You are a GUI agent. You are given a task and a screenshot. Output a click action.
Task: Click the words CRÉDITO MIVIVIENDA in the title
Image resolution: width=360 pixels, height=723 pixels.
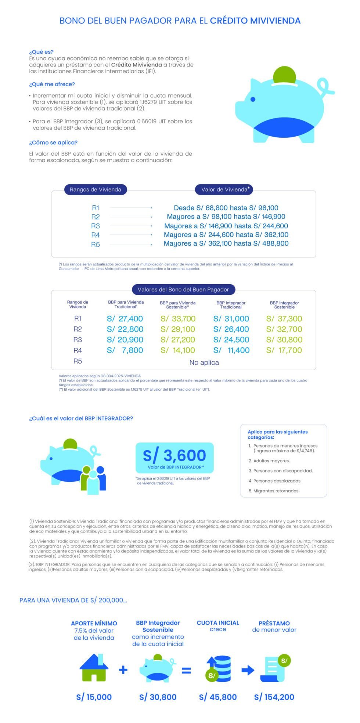pyautogui.click(x=255, y=21)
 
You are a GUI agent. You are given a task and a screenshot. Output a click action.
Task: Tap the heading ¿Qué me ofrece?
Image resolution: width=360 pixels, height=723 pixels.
pyautogui.click(x=52, y=84)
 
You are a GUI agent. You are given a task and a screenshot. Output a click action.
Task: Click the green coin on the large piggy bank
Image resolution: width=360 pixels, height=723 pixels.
pyautogui.click(x=285, y=75)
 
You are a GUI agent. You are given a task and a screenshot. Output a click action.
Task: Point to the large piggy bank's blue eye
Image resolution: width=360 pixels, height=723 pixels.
pyautogui.click(x=253, y=99)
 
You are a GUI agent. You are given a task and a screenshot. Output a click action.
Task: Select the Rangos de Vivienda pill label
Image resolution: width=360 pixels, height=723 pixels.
pyautogui.click(x=95, y=189)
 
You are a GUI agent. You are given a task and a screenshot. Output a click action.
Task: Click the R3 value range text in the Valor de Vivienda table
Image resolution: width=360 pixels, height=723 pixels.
pyautogui.click(x=226, y=226)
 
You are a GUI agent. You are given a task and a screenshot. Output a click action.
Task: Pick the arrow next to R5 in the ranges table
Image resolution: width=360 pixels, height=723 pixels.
pyautogui.click(x=131, y=245)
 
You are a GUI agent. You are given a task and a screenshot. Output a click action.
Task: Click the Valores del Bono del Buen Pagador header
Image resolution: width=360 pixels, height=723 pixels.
pyautogui.click(x=183, y=289)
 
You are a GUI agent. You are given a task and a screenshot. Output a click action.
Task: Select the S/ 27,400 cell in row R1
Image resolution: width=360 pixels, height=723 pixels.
pyautogui.click(x=125, y=319)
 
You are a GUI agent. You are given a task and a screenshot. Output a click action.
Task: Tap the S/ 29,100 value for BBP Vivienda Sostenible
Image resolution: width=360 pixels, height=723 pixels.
pyautogui.click(x=178, y=329)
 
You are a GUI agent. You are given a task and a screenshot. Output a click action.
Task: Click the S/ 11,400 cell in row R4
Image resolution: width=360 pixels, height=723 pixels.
pyautogui.click(x=231, y=350)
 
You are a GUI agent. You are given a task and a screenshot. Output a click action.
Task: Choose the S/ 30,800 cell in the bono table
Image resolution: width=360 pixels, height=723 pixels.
pyautogui.click(x=284, y=340)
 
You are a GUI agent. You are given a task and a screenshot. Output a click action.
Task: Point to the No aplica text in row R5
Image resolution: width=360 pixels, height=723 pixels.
pyautogui.click(x=204, y=362)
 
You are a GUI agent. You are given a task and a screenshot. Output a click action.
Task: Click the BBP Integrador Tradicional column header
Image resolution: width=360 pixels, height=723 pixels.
pyautogui.click(x=231, y=305)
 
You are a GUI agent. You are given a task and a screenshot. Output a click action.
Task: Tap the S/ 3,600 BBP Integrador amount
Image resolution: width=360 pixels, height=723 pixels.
pyautogui.click(x=174, y=455)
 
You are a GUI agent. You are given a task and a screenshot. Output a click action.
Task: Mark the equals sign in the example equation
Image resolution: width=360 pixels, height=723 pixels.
pyautogui.click(x=186, y=670)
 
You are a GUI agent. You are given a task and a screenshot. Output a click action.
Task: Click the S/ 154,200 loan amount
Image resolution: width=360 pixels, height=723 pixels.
pyautogui.click(x=274, y=697)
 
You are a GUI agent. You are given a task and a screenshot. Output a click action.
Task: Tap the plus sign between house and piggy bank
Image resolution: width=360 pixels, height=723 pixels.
pyautogui.click(x=123, y=670)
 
